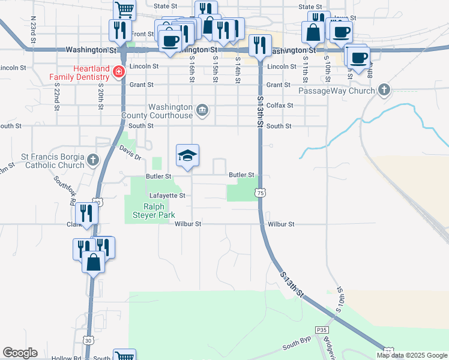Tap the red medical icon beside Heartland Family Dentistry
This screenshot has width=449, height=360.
click(119, 71)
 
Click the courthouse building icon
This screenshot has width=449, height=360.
click(203, 110)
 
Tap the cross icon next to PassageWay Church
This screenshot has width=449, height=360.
click(384, 91)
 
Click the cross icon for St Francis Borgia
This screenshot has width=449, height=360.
click(92, 160)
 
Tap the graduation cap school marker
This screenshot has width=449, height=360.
click(187, 156)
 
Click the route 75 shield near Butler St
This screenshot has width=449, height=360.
click(259, 193)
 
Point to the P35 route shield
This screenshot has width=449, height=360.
click(322, 330)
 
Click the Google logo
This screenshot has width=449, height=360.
click(20, 353)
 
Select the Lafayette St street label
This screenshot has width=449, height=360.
click(167, 196)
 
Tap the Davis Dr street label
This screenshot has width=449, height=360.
click(129, 153)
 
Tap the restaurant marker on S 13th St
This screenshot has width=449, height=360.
click(259, 44)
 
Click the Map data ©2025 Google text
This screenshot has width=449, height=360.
click(411, 355)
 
